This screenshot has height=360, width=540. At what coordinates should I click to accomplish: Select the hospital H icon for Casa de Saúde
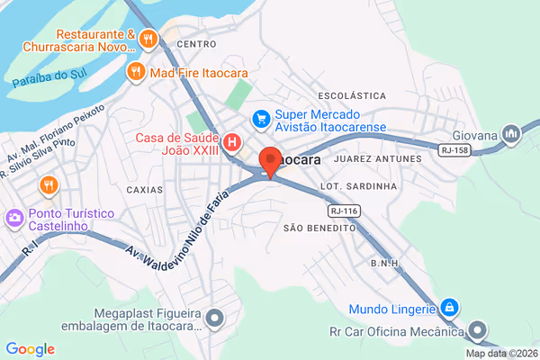(233, 142)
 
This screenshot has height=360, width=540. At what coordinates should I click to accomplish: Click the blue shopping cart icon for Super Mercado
(261, 118)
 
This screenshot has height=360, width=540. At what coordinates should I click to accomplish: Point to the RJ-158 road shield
(455, 149)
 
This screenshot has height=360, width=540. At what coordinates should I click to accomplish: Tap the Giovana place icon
(512, 135)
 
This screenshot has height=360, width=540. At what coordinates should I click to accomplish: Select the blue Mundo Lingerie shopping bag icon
(448, 308)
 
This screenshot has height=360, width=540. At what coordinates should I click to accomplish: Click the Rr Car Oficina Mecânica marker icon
(479, 330)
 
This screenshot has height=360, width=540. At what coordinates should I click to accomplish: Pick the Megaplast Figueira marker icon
(214, 317)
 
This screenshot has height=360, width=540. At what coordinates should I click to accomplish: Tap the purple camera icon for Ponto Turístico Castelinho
(15, 218)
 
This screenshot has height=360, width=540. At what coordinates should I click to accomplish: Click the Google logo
(30, 349)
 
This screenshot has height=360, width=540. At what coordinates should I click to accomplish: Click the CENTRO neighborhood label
(197, 44)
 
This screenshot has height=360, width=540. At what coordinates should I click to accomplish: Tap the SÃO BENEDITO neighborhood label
(319, 229)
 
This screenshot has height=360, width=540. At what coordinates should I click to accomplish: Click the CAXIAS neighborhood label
(145, 190)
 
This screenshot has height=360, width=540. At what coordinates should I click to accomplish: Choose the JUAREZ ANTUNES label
(377, 159)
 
